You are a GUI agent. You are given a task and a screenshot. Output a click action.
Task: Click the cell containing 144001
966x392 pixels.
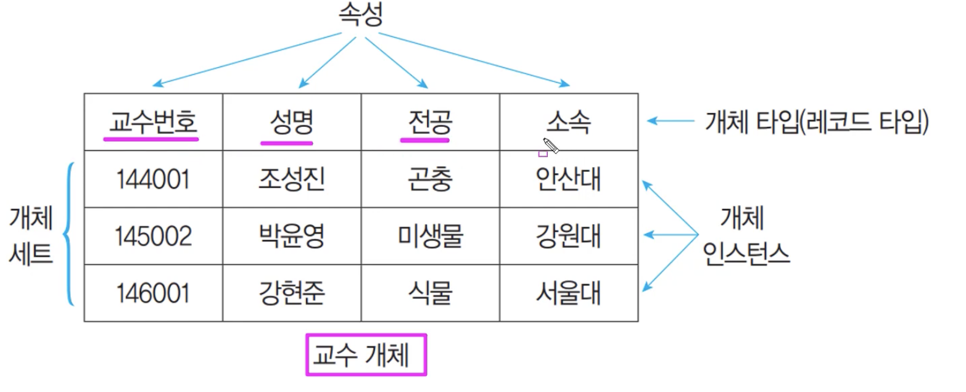[x=152, y=179]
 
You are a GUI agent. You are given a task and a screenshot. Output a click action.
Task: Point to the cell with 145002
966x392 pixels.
[x=152, y=236]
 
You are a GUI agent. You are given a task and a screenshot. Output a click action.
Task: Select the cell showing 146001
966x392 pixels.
[x=152, y=293]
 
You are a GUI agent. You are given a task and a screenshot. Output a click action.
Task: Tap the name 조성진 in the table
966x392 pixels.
[x=291, y=179]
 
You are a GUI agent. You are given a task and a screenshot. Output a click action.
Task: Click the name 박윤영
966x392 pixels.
[x=291, y=236]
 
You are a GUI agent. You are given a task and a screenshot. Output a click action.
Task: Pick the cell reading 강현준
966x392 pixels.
[x=291, y=293]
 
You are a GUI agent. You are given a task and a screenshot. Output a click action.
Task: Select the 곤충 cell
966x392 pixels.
[x=430, y=179]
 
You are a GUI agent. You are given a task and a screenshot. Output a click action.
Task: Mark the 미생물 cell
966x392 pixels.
[x=430, y=236]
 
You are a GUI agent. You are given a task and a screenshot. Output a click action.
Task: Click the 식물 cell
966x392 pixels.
[x=430, y=293]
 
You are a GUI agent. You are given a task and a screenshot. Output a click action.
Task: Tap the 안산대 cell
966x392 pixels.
[x=568, y=179]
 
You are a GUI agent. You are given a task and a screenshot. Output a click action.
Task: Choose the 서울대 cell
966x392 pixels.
[x=568, y=293]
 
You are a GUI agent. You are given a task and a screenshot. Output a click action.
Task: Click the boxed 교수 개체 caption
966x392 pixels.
[x=366, y=354]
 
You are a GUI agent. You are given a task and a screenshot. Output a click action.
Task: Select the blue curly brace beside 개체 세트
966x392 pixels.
[x=70, y=234]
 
